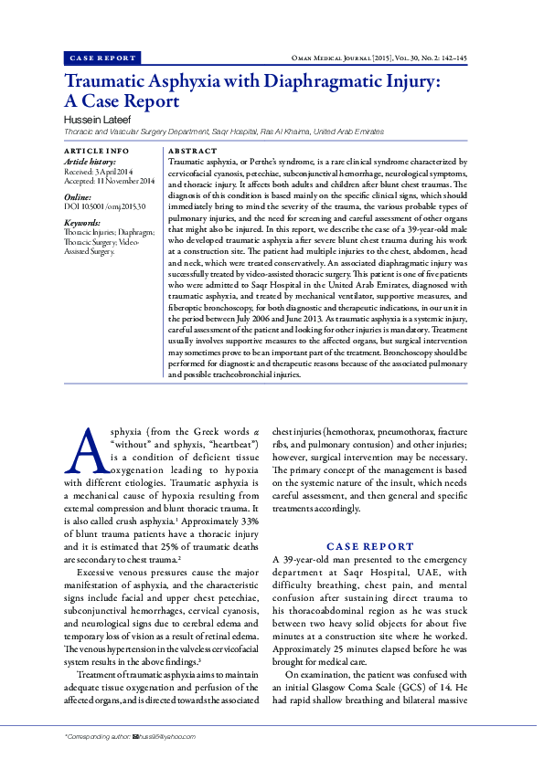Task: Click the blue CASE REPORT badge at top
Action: (101, 58)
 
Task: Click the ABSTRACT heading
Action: (193, 150)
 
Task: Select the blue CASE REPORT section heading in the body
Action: (369, 545)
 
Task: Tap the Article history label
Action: (90, 161)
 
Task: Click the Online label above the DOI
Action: (77, 196)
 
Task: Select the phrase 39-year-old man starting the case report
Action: (324, 558)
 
